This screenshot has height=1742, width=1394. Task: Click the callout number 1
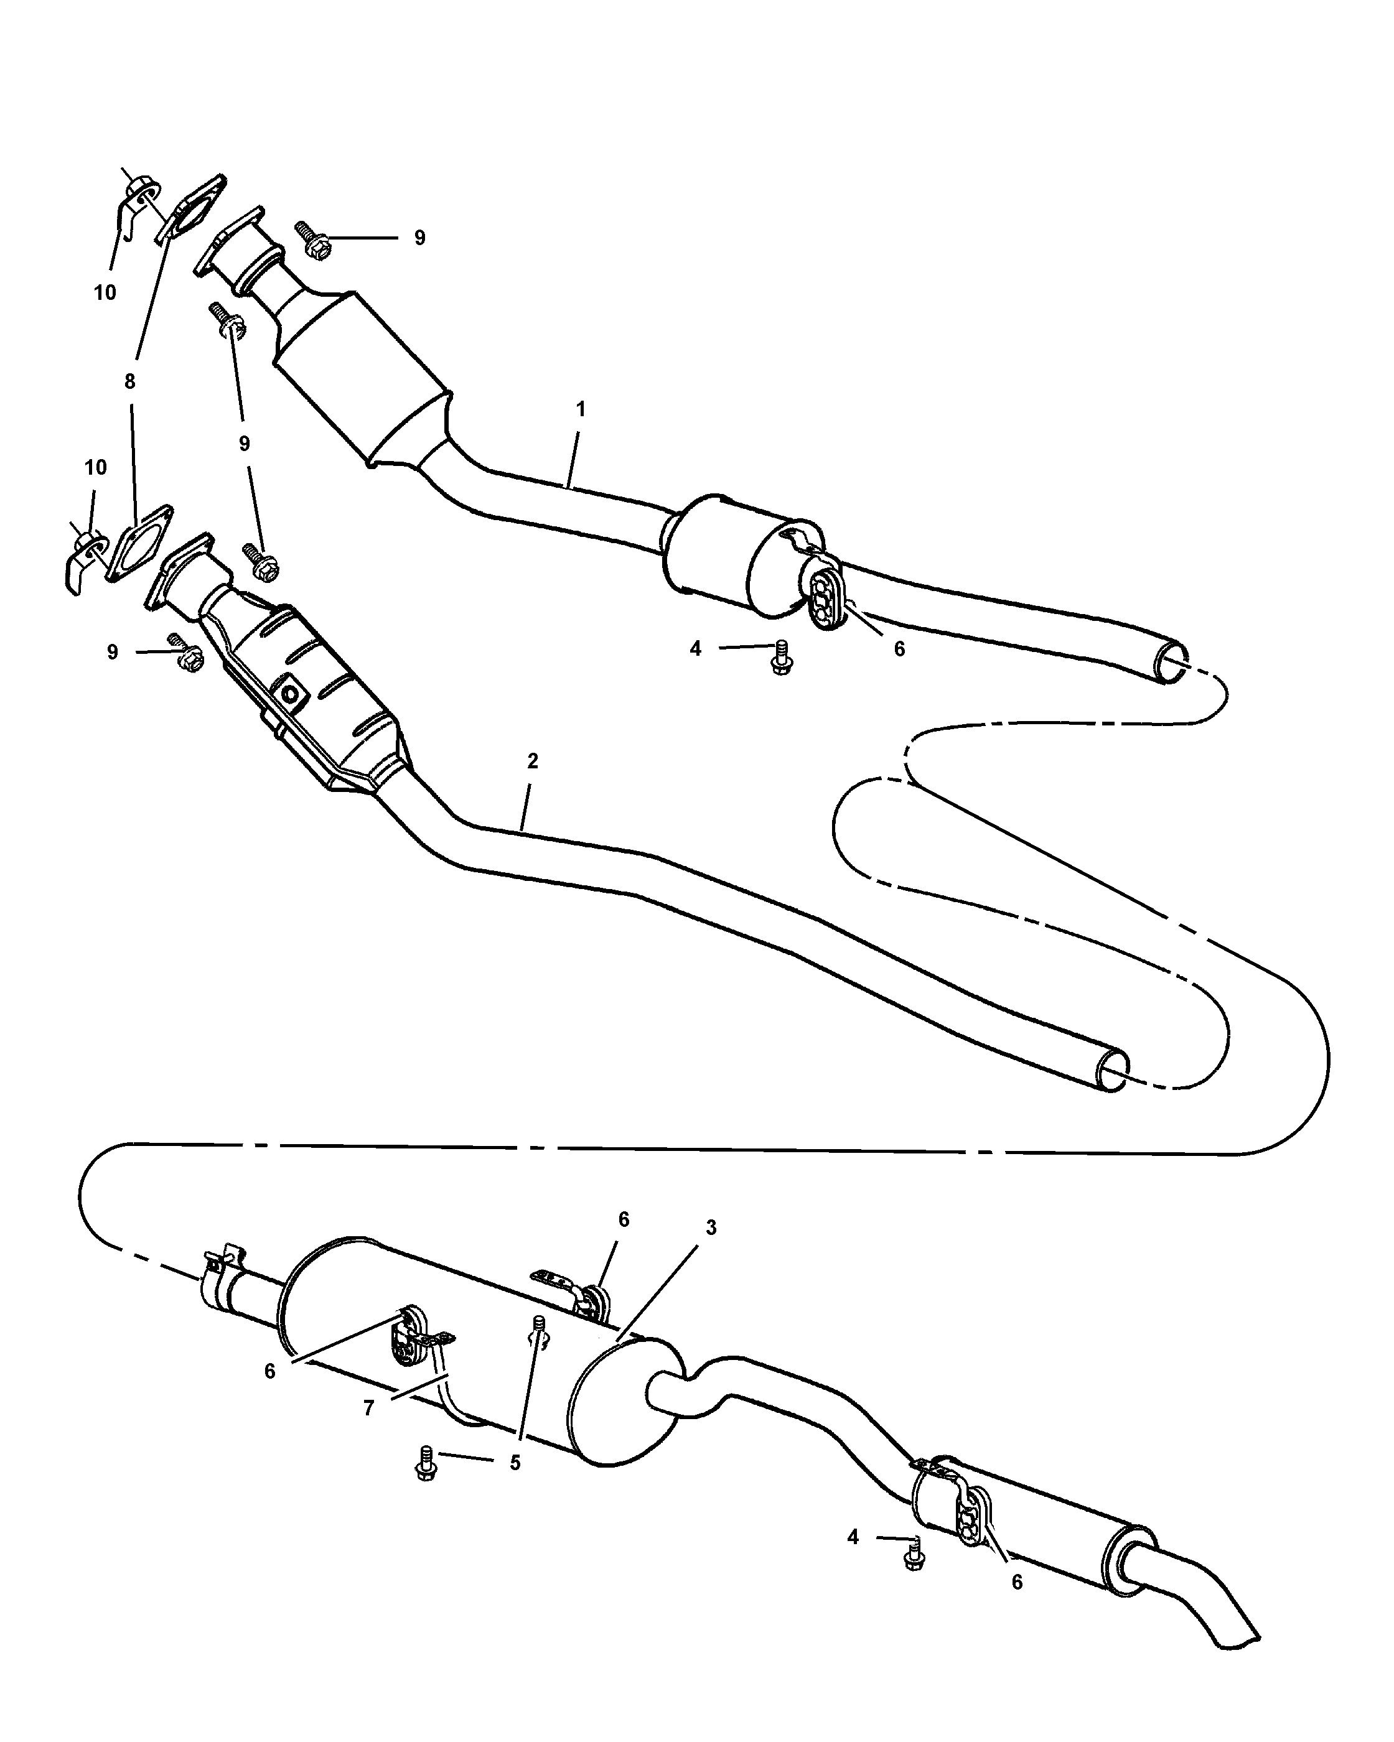pyautogui.click(x=580, y=409)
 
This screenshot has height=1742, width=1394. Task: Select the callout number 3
pyautogui.click(x=710, y=1227)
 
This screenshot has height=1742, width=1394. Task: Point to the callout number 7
pyautogui.click(x=368, y=1409)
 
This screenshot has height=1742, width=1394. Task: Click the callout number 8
pyautogui.click(x=130, y=381)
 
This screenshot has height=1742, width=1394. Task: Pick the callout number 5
pyautogui.click(x=515, y=1463)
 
